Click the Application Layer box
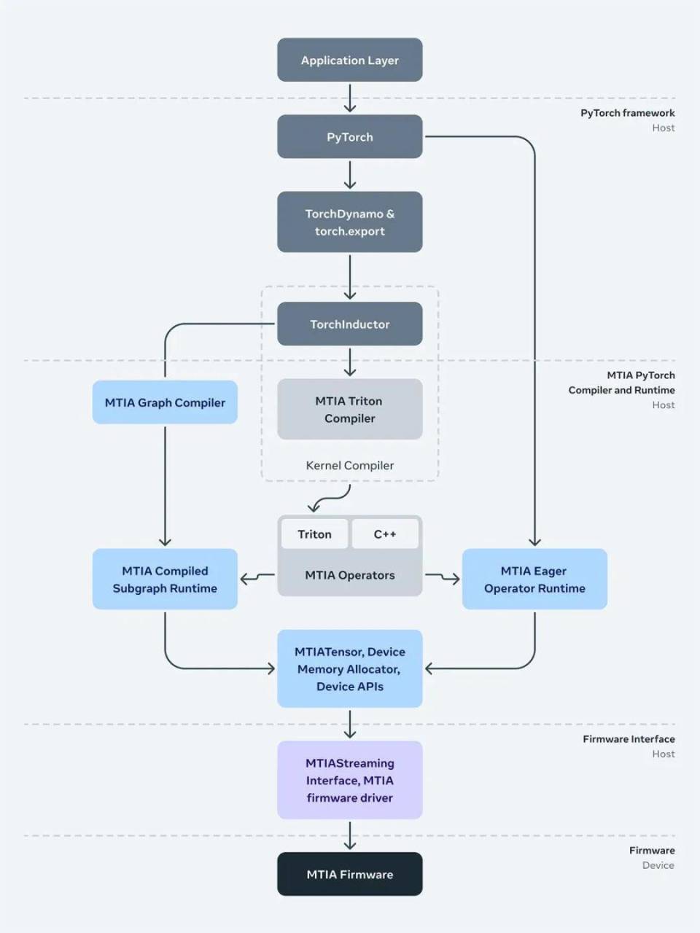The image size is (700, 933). (349, 60)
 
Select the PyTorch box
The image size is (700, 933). (349, 137)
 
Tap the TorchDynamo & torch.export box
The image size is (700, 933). (349, 222)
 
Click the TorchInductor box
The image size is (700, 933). (349, 324)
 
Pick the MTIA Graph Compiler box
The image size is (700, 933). (165, 402)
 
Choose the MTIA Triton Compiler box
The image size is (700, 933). (349, 410)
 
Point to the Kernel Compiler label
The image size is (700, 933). (349, 465)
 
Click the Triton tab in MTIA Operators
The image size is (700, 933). (314, 534)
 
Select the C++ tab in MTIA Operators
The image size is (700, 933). (385, 534)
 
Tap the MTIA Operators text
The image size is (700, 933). (349, 575)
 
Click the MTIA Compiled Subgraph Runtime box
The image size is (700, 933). (165, 579)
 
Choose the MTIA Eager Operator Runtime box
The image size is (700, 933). (534, 579)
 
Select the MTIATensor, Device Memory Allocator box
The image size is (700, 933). (349, 669)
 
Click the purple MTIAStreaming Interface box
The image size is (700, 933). (349, 780)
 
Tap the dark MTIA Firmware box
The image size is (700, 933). (349, 874)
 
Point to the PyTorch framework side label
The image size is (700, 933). (627, 113)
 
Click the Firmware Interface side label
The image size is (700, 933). (629, 739)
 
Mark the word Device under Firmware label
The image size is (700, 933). (658, 865)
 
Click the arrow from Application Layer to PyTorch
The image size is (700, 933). (350, 98)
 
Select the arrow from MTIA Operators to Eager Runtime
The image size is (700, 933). (443, 577)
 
